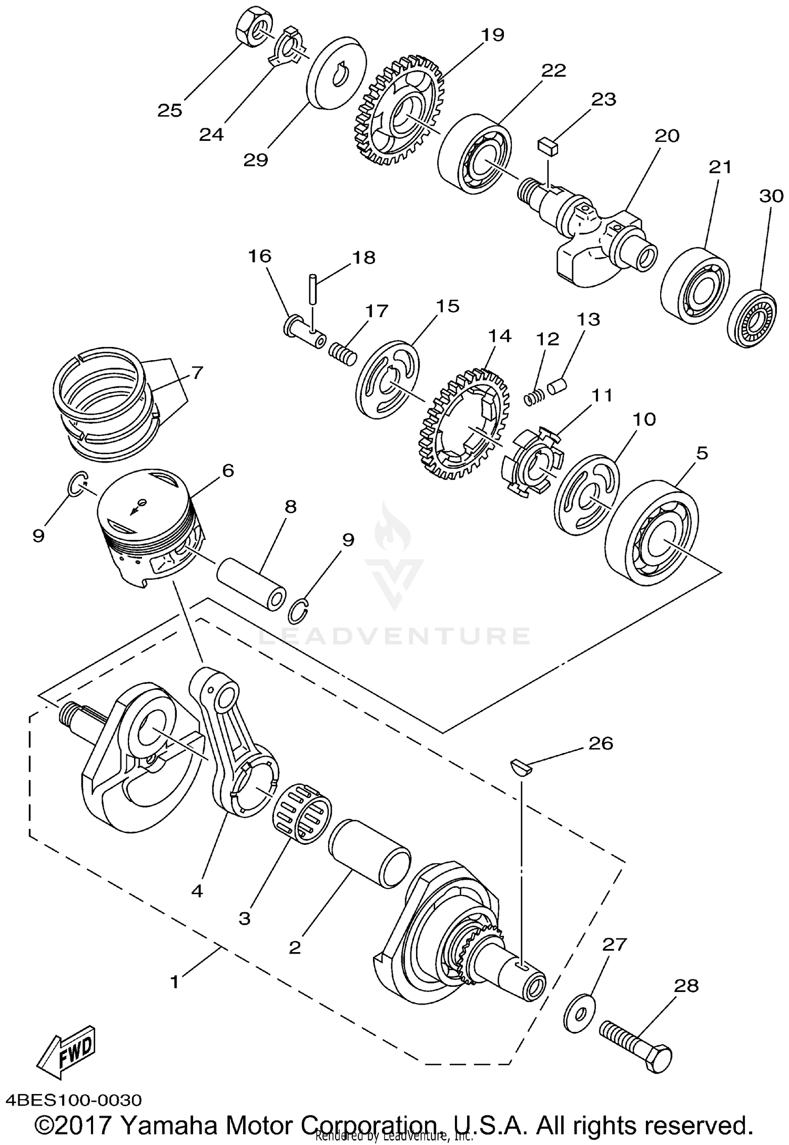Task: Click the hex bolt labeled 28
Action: click(636, 1039)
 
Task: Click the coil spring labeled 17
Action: click(343, 352)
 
